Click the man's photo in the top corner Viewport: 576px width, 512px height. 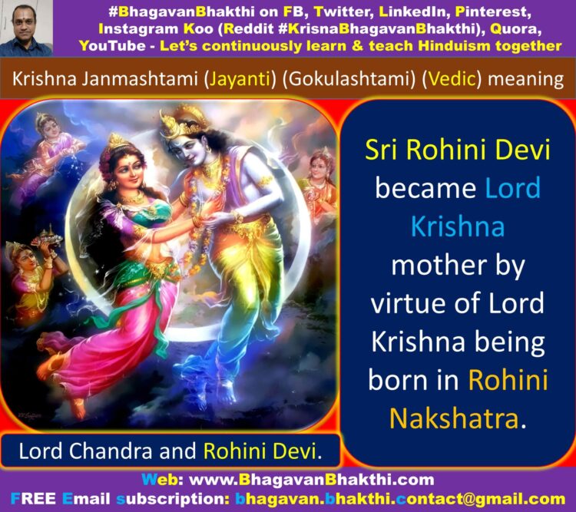[26, 28]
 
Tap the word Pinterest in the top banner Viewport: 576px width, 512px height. [492, 12]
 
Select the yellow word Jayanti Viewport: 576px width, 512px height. [240, 78]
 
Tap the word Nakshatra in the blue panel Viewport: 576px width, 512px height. [454, 418]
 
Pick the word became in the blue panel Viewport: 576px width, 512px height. [425, 188]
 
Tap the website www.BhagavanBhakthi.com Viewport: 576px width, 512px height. [311, 480]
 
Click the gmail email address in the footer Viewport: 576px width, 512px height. [400, 499]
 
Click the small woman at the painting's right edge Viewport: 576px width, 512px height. [319, 183]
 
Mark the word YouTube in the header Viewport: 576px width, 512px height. [112, 45]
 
